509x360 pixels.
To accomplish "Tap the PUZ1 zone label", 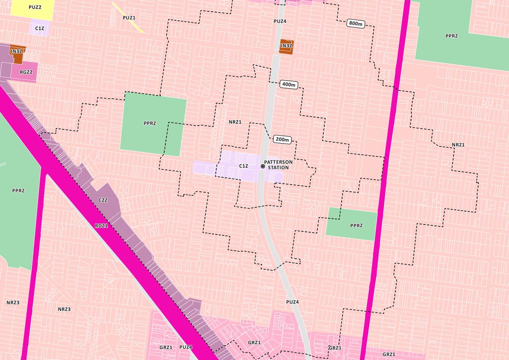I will click(129, 18).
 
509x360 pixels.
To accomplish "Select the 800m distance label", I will click(355, 23).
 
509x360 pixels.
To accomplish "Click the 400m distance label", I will click(288, 84).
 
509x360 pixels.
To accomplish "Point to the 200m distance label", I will click(282, 139).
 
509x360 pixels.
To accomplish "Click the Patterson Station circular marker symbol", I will click(263, 166).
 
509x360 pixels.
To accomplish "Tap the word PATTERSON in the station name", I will click(278, 162).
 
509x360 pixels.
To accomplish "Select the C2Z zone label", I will click(103, 200).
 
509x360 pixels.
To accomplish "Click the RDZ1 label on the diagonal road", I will click(101, 225).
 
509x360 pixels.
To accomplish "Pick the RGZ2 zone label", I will click(26, 72).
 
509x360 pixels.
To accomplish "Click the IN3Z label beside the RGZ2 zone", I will click(16, 51).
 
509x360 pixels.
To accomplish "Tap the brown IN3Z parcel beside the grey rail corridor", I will click(286, 46).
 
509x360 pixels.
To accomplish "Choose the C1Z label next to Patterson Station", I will click(243, 166).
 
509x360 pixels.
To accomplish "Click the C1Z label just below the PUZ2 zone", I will click(39, 28).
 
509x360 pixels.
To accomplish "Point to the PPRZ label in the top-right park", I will click(451, 36).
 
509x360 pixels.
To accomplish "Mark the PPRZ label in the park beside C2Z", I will click(18, 191).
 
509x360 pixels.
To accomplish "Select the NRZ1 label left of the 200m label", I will click(235, 122).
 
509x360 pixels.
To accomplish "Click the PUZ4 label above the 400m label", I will click(280, 21).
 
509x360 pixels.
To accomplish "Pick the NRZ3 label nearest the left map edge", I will click(13, 302).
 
